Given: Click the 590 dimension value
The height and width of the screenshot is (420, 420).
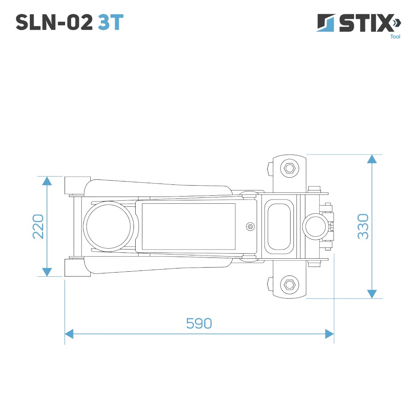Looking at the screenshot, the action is (199, 323).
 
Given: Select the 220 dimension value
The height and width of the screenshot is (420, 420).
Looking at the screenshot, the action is (38, 226).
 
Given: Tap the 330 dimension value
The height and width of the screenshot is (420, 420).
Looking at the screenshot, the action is (363, 226).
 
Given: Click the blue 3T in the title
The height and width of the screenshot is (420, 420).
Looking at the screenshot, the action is (110, 22).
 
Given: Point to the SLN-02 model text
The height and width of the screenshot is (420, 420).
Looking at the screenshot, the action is (54, 22).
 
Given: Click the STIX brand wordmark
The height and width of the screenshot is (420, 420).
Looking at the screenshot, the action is (366, 23).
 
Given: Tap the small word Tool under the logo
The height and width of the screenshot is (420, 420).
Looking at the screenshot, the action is (395, 37).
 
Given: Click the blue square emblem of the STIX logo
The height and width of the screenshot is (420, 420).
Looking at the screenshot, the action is (326, 23).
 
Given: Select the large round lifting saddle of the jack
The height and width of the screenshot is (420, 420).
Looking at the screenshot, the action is (108, 226).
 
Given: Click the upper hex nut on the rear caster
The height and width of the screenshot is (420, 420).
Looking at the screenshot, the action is (289, 168).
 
